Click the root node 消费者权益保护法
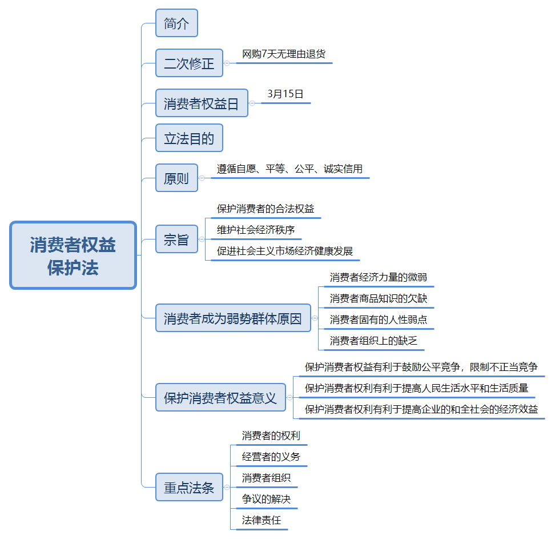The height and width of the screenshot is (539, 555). coord(73,255)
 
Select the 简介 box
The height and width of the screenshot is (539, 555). coord(176,23)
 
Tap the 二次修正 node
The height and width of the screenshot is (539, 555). coord(190,63)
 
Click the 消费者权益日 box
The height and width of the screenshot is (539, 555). coord(202,103)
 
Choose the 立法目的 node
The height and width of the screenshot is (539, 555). coord(190,138)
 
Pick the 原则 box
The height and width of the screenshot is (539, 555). coord(176,178)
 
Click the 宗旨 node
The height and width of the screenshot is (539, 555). coord(176,239)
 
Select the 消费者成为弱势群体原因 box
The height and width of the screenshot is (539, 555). coord(234,318)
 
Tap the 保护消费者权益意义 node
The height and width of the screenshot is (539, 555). coord(220,397)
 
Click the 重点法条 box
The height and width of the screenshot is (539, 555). coord(190,487)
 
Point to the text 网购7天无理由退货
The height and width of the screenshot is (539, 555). coord(284,54)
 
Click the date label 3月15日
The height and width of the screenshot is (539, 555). coord(285,94)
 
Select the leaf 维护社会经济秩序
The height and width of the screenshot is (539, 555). coord(256,230)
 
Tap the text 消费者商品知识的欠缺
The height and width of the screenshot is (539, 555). coord(379,298)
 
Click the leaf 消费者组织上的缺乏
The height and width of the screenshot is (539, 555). coord(373,341)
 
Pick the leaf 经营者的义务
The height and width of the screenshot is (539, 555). coord(271,457)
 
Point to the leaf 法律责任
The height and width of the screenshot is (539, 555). coord(261,520)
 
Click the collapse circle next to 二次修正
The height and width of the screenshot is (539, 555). coord(227,63)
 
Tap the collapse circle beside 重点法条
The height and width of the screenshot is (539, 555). coord(227,487)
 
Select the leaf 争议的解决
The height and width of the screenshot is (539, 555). coord(266,500)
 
